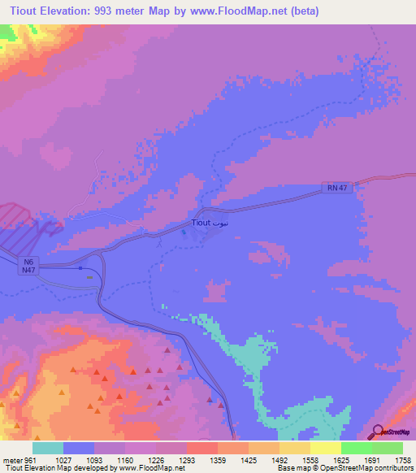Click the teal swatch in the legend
pyautogui.click(x=48, y=448)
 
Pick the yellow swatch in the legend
pyautogui.click(x=325, y=448)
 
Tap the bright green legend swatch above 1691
pyautogui.click(x=356, y=448)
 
